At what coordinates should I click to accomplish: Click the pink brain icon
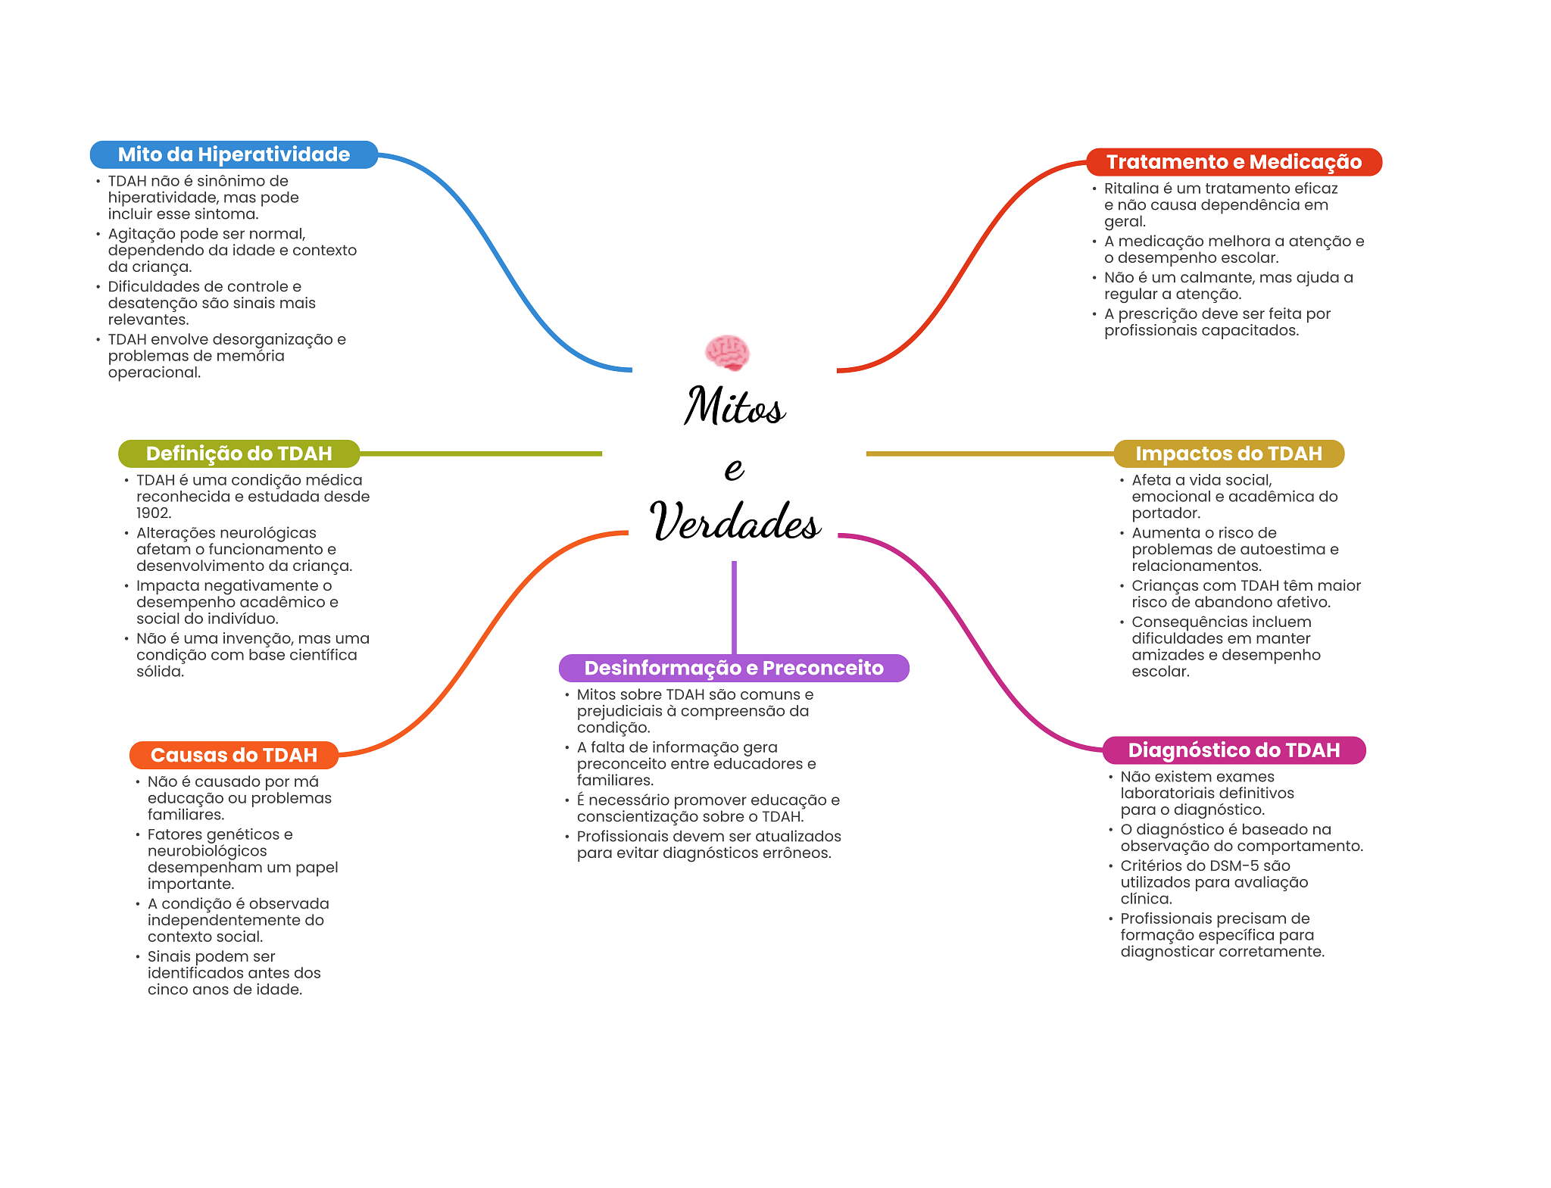click(727, 352)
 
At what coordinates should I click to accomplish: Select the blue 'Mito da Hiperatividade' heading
click(233, 154)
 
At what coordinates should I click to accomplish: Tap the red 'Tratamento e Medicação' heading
click(1234, 162)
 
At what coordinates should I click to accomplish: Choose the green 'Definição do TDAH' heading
click(239, 454)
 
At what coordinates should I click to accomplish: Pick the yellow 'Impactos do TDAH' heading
click(1228, 454)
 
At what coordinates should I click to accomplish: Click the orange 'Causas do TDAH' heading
click(233, 755)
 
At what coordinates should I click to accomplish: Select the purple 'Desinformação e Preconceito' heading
click(733, 668)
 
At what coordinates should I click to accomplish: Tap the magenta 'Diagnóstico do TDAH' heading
click(1234, 750)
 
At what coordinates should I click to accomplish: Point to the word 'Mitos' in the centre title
click(735, 407)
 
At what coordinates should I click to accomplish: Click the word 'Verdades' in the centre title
click(735, 522)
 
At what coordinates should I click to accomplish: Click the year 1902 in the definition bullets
click(153, 513)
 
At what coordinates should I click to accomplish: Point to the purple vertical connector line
click(734, 606)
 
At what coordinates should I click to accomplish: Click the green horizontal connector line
click(481, 454)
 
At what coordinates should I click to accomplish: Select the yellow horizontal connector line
click(988, 454)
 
